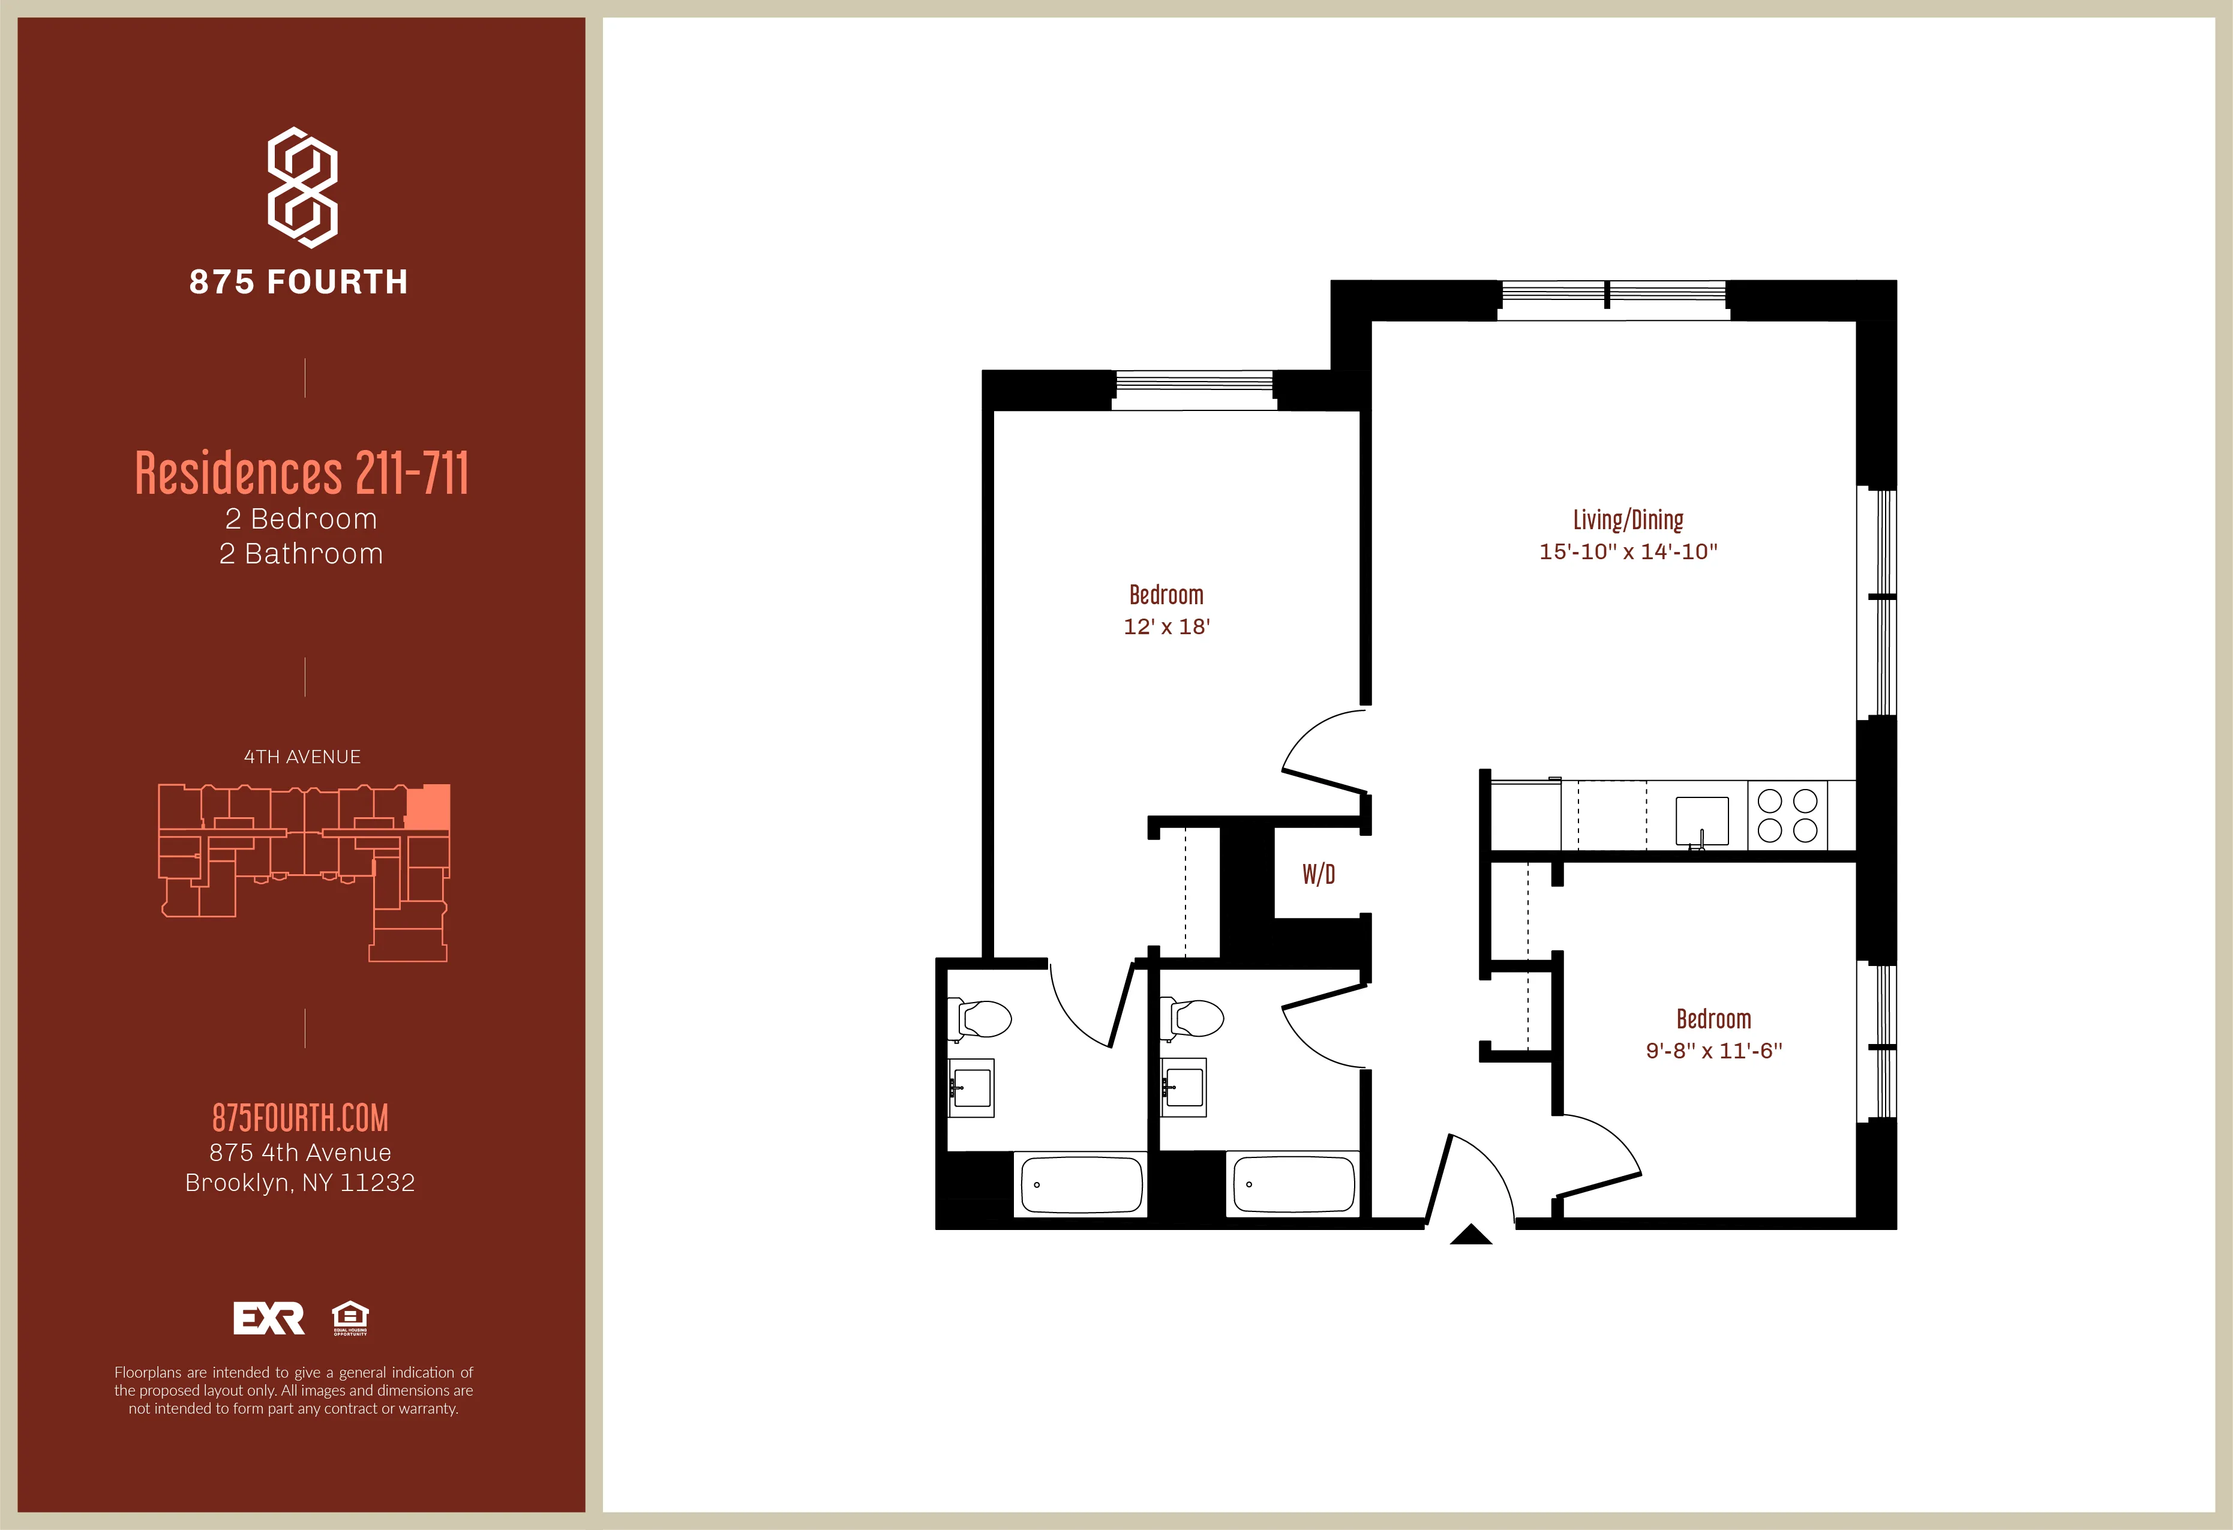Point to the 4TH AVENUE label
tap(302, 757)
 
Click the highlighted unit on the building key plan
tap(428, 806)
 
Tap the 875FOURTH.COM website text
tap(300, 1118)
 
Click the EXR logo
tap(269, 1319)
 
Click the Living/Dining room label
tap(1628, 520)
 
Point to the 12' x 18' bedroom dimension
tap(1166, 626)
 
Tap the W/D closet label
tap(1318, 875)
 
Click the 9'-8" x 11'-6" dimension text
tap(1714, 1051)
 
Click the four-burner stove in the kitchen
tap(1787, 815)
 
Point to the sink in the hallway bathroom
tap(1184, 1088)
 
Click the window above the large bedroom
tap(1194, 389)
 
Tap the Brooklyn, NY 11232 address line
tap(300, 1183)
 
